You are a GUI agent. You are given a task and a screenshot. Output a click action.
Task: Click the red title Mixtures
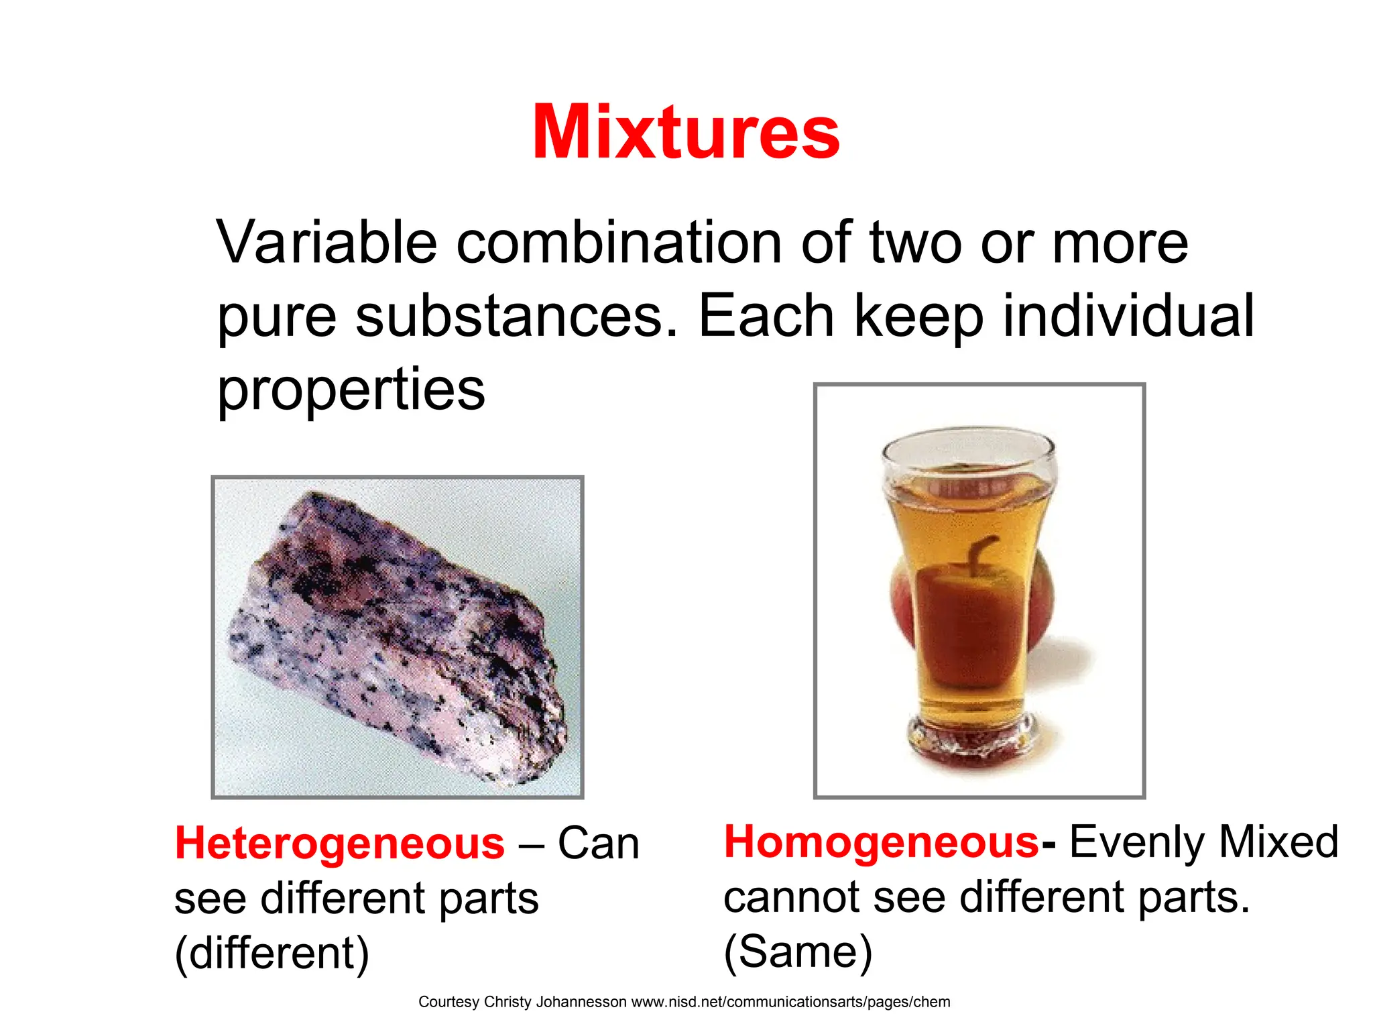(686, 132)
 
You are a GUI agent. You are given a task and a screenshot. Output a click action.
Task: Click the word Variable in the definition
(326, 242)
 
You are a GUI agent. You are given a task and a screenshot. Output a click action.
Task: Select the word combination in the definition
(619, 242)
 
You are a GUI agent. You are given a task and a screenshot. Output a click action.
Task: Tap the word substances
(516, 316)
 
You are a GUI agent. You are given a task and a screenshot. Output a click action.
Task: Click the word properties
(351, 391)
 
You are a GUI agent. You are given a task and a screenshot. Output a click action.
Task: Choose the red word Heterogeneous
(339, 843)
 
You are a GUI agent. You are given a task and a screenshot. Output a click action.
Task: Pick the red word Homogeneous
(881, 842)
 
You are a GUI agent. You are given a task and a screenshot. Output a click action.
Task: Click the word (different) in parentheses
(272, 953)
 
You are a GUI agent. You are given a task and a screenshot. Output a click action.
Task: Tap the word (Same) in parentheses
(798, 952)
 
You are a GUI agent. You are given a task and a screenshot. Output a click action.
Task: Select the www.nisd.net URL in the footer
(790, 1002)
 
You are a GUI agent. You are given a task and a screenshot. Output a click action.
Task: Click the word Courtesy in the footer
(449, 1002)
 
